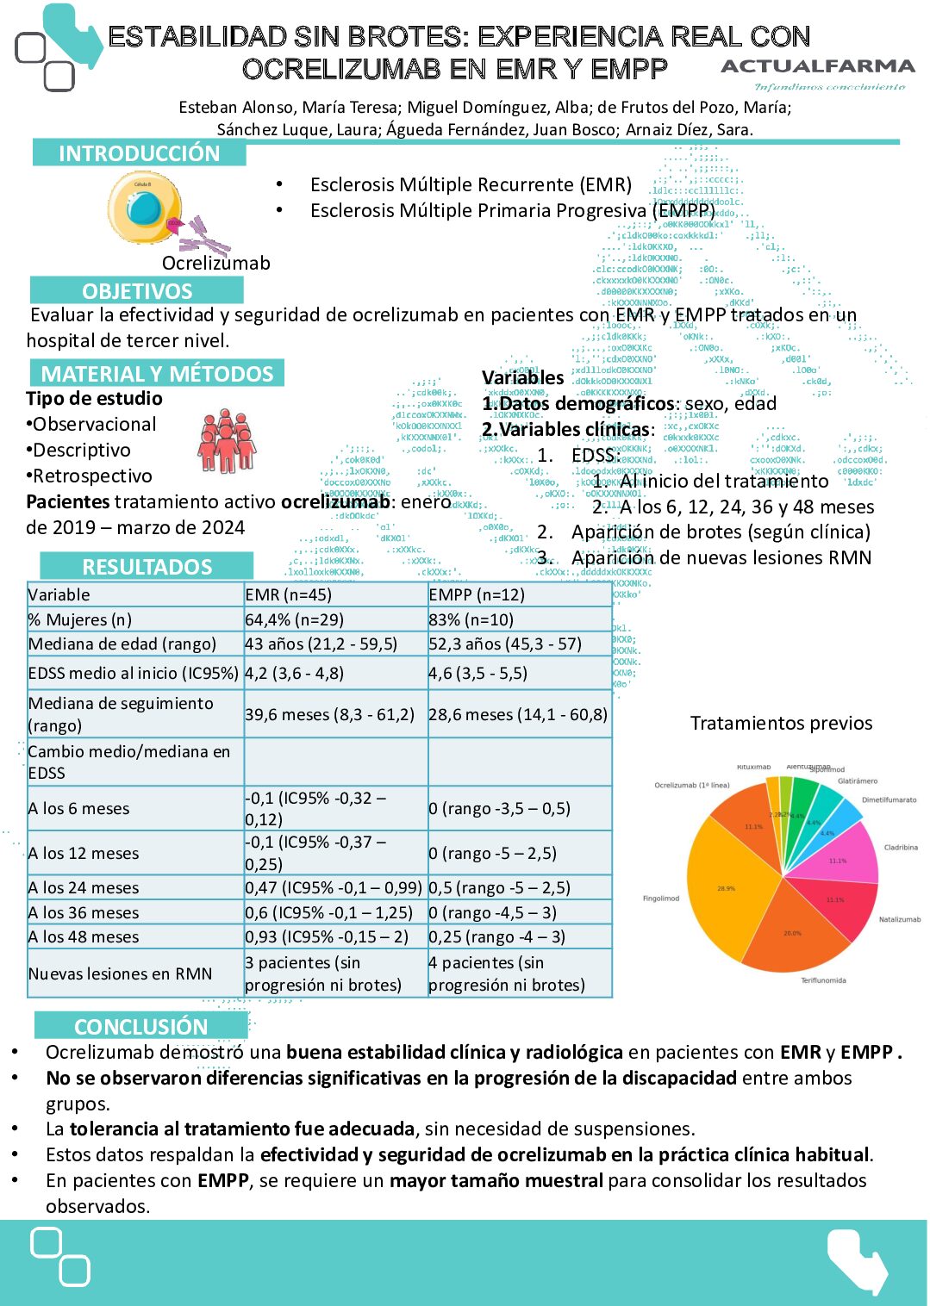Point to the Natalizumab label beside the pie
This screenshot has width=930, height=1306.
[x=899, y=919]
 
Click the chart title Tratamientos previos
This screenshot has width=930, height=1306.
[x=781, y=723]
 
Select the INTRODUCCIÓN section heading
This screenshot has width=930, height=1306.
[x=139, y=153]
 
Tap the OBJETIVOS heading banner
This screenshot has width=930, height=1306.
[x=137, y=290]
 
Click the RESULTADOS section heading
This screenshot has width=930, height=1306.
[x=147, y=566]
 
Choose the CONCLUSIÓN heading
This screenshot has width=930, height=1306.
[x=140, y=1026]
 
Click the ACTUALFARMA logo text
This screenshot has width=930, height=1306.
[x=817, y=66]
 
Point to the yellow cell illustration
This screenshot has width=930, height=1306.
[x=145, y=208]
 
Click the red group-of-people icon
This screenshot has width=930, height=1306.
[x=227, y=440]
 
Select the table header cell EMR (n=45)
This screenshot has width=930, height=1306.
[x=288, y=594]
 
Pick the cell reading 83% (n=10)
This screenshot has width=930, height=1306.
[x=471, y=619]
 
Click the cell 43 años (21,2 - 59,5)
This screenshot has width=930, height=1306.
[x=321, y=644]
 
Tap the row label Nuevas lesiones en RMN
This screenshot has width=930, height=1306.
[x=120, y=973]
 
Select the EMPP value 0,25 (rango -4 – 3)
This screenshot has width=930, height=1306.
[x=498, y=936]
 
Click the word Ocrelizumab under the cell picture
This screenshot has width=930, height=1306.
[x=216, y=263]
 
